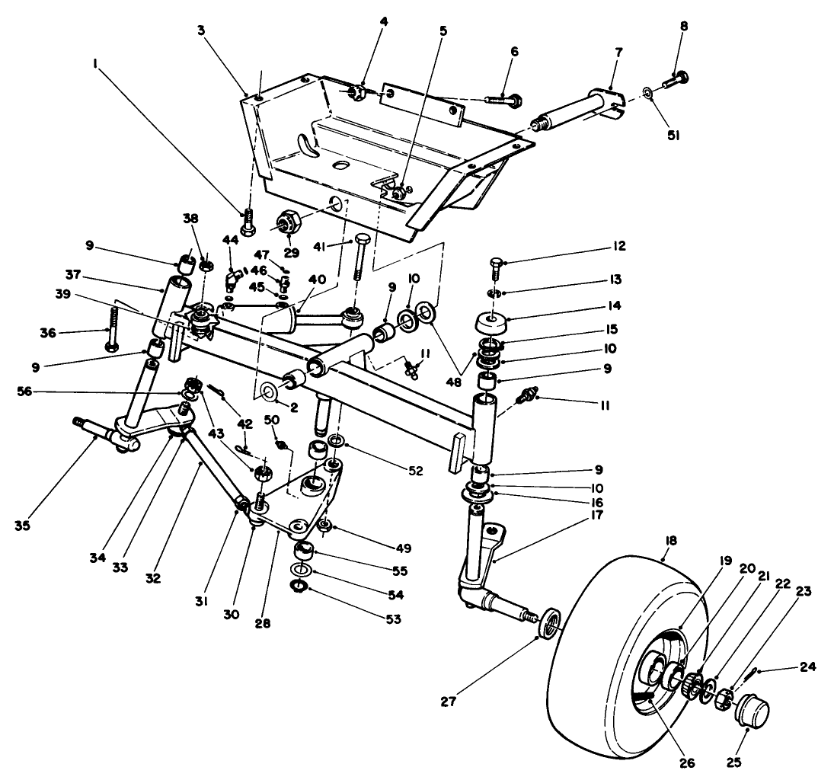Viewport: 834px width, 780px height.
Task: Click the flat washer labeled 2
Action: tap(270, 392)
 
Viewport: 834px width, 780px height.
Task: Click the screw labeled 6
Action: tap(503, 99)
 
